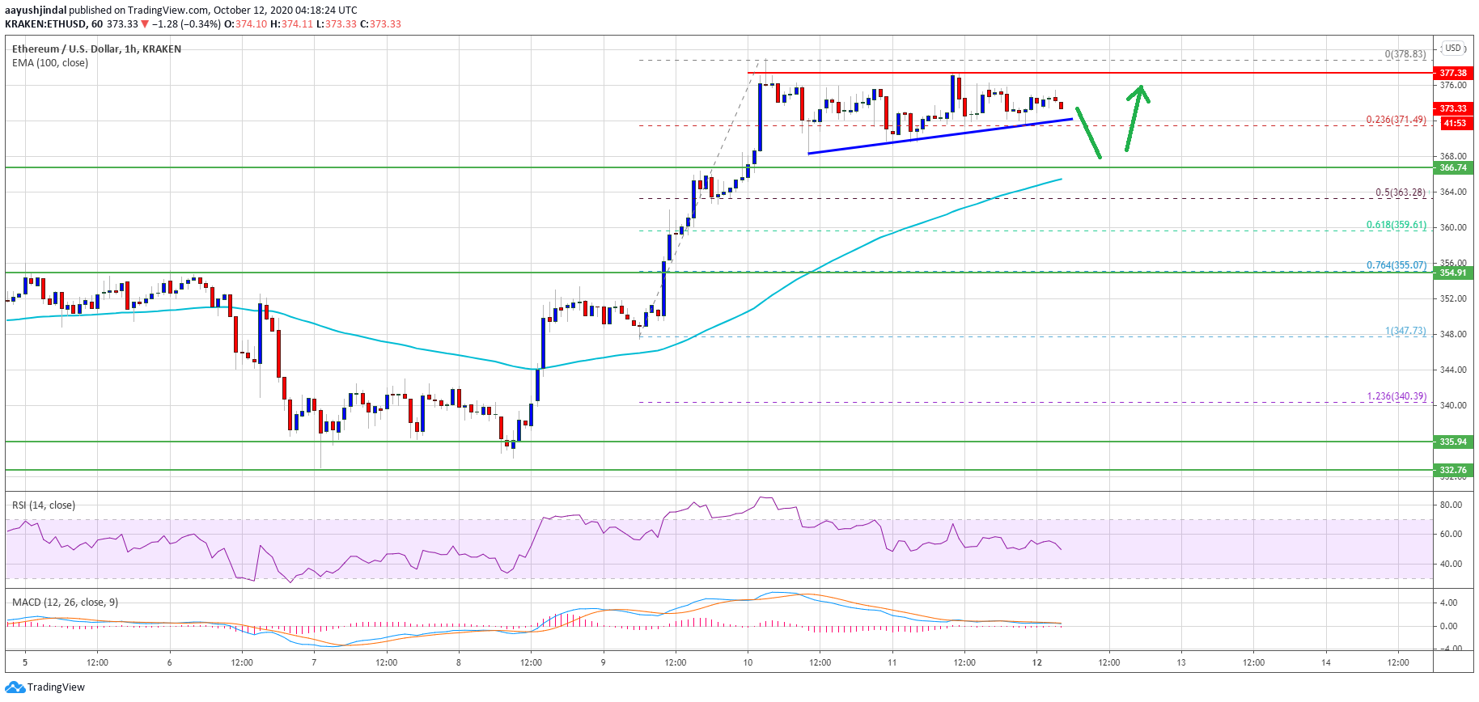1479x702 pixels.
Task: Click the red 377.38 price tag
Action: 1452,73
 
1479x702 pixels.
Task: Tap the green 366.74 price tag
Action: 1452,167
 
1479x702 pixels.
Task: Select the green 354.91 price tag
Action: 1452,273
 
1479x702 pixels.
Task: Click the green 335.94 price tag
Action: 1452,442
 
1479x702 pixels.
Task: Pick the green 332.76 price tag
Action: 1452,470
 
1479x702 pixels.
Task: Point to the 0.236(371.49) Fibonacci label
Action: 1396,120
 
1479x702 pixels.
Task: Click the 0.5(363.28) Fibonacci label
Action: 1400,192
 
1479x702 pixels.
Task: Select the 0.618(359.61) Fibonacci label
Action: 1396,225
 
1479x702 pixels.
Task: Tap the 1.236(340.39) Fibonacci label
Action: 1396,396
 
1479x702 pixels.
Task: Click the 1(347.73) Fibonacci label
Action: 1405,331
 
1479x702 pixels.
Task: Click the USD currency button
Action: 1453,48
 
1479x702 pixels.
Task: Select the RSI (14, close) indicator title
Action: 44,505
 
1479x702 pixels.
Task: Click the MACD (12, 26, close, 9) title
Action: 65,603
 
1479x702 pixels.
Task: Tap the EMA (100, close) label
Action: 50,63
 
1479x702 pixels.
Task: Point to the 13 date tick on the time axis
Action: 1181,662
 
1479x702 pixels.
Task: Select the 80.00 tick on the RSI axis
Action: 1451,505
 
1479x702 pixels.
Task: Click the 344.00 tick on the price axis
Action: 1453,370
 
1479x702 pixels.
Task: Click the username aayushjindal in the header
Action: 36,11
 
